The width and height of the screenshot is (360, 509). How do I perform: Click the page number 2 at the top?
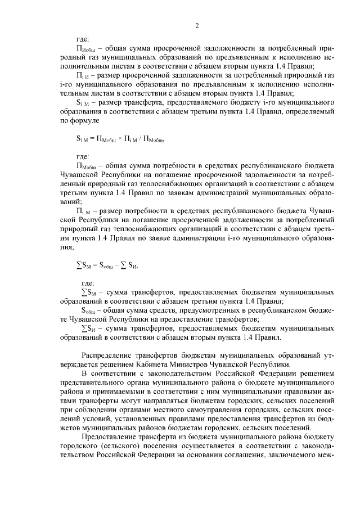197,25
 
